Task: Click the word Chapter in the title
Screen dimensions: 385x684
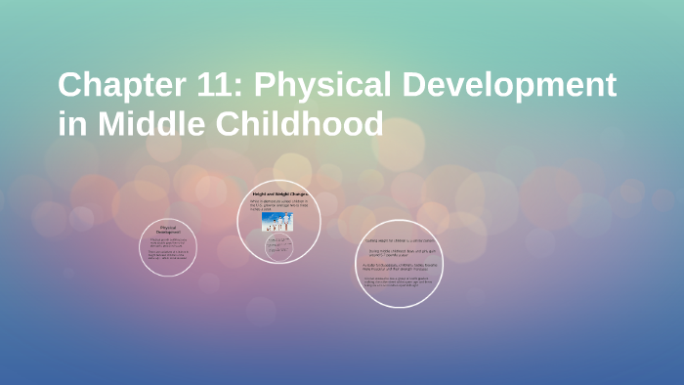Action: tap(116, 86)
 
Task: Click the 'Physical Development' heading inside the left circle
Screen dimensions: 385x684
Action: tap(169, 231)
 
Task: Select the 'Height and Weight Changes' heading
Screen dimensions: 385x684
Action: tap(279, 194)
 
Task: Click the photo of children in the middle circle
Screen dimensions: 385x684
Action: tap(279, 222)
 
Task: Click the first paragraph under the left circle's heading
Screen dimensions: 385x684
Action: tap(168, 242)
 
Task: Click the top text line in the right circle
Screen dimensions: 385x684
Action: tap(399, 239)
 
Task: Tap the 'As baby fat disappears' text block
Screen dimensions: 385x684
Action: tap(399, 266)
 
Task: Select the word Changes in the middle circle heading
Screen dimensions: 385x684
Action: tap(298, 194)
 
